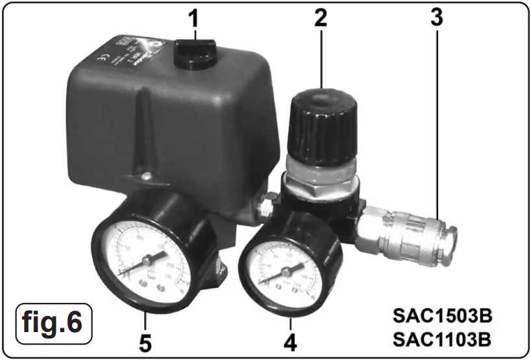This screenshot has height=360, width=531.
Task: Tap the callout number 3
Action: click(436, 18)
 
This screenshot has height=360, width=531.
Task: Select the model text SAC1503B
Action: click(443, 318)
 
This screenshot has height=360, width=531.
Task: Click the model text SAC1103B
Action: click(443, 339)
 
